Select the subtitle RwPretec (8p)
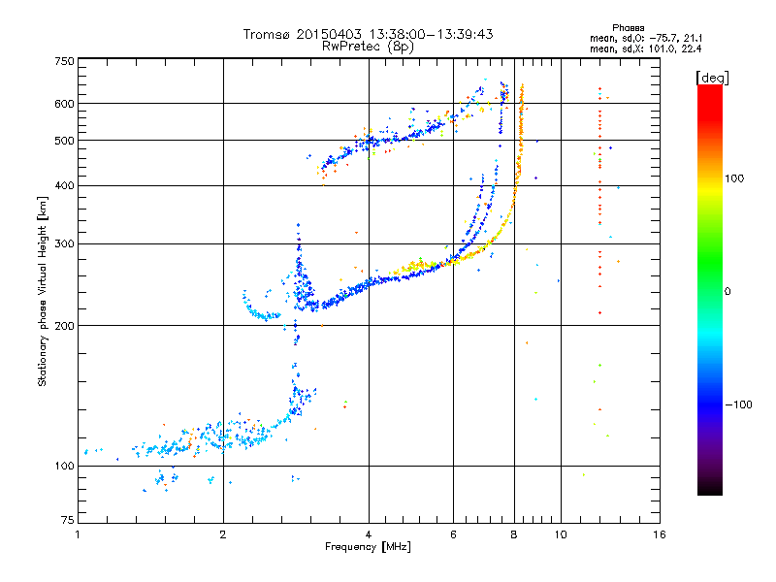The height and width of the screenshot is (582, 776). coord(368,47)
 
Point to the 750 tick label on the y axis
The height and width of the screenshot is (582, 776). coord(65,61)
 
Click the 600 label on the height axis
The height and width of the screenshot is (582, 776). coord(65,104)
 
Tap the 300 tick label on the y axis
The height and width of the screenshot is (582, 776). coord(65,244)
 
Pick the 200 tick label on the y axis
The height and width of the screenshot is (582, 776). coord(65,326)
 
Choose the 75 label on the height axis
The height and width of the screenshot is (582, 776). coord(68,520)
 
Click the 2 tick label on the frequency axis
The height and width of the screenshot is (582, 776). coord(223,534)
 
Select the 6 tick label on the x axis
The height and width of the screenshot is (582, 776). coord(453,534)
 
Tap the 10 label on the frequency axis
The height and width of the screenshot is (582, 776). coord(561,534)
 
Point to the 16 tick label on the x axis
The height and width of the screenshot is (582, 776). coord(660,534)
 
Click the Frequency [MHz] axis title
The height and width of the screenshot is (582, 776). coord(368,547)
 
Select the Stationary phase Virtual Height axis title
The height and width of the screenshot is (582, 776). coord(42,292)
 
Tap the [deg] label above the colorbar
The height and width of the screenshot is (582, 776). coord(712,79)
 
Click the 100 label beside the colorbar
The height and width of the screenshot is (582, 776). coord(734,178)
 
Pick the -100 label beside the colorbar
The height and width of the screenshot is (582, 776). coord(738,404)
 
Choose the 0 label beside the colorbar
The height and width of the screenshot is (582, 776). coord(727,292)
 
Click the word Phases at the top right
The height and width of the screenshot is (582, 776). coord(628,28)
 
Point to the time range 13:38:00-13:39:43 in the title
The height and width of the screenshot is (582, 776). coord(431,34)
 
